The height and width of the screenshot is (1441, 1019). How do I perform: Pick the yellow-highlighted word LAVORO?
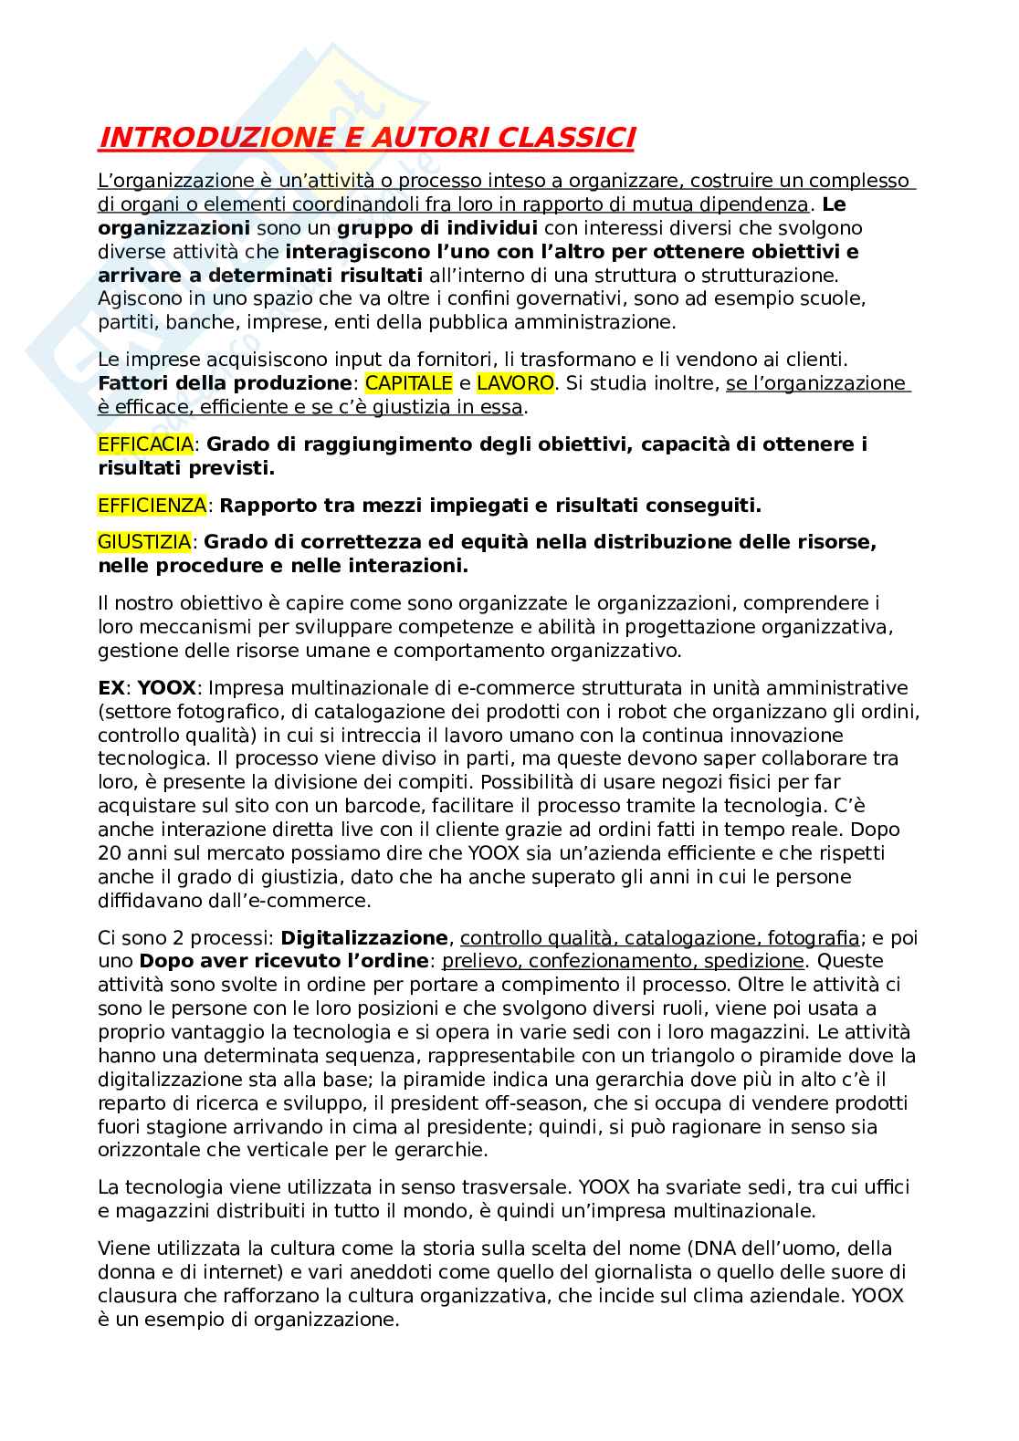[515, 383]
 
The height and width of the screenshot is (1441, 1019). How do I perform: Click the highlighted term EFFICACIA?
[145, 444]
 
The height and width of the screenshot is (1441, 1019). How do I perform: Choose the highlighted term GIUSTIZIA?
[144, 542]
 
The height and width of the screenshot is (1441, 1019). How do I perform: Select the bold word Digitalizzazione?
[364, 937]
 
